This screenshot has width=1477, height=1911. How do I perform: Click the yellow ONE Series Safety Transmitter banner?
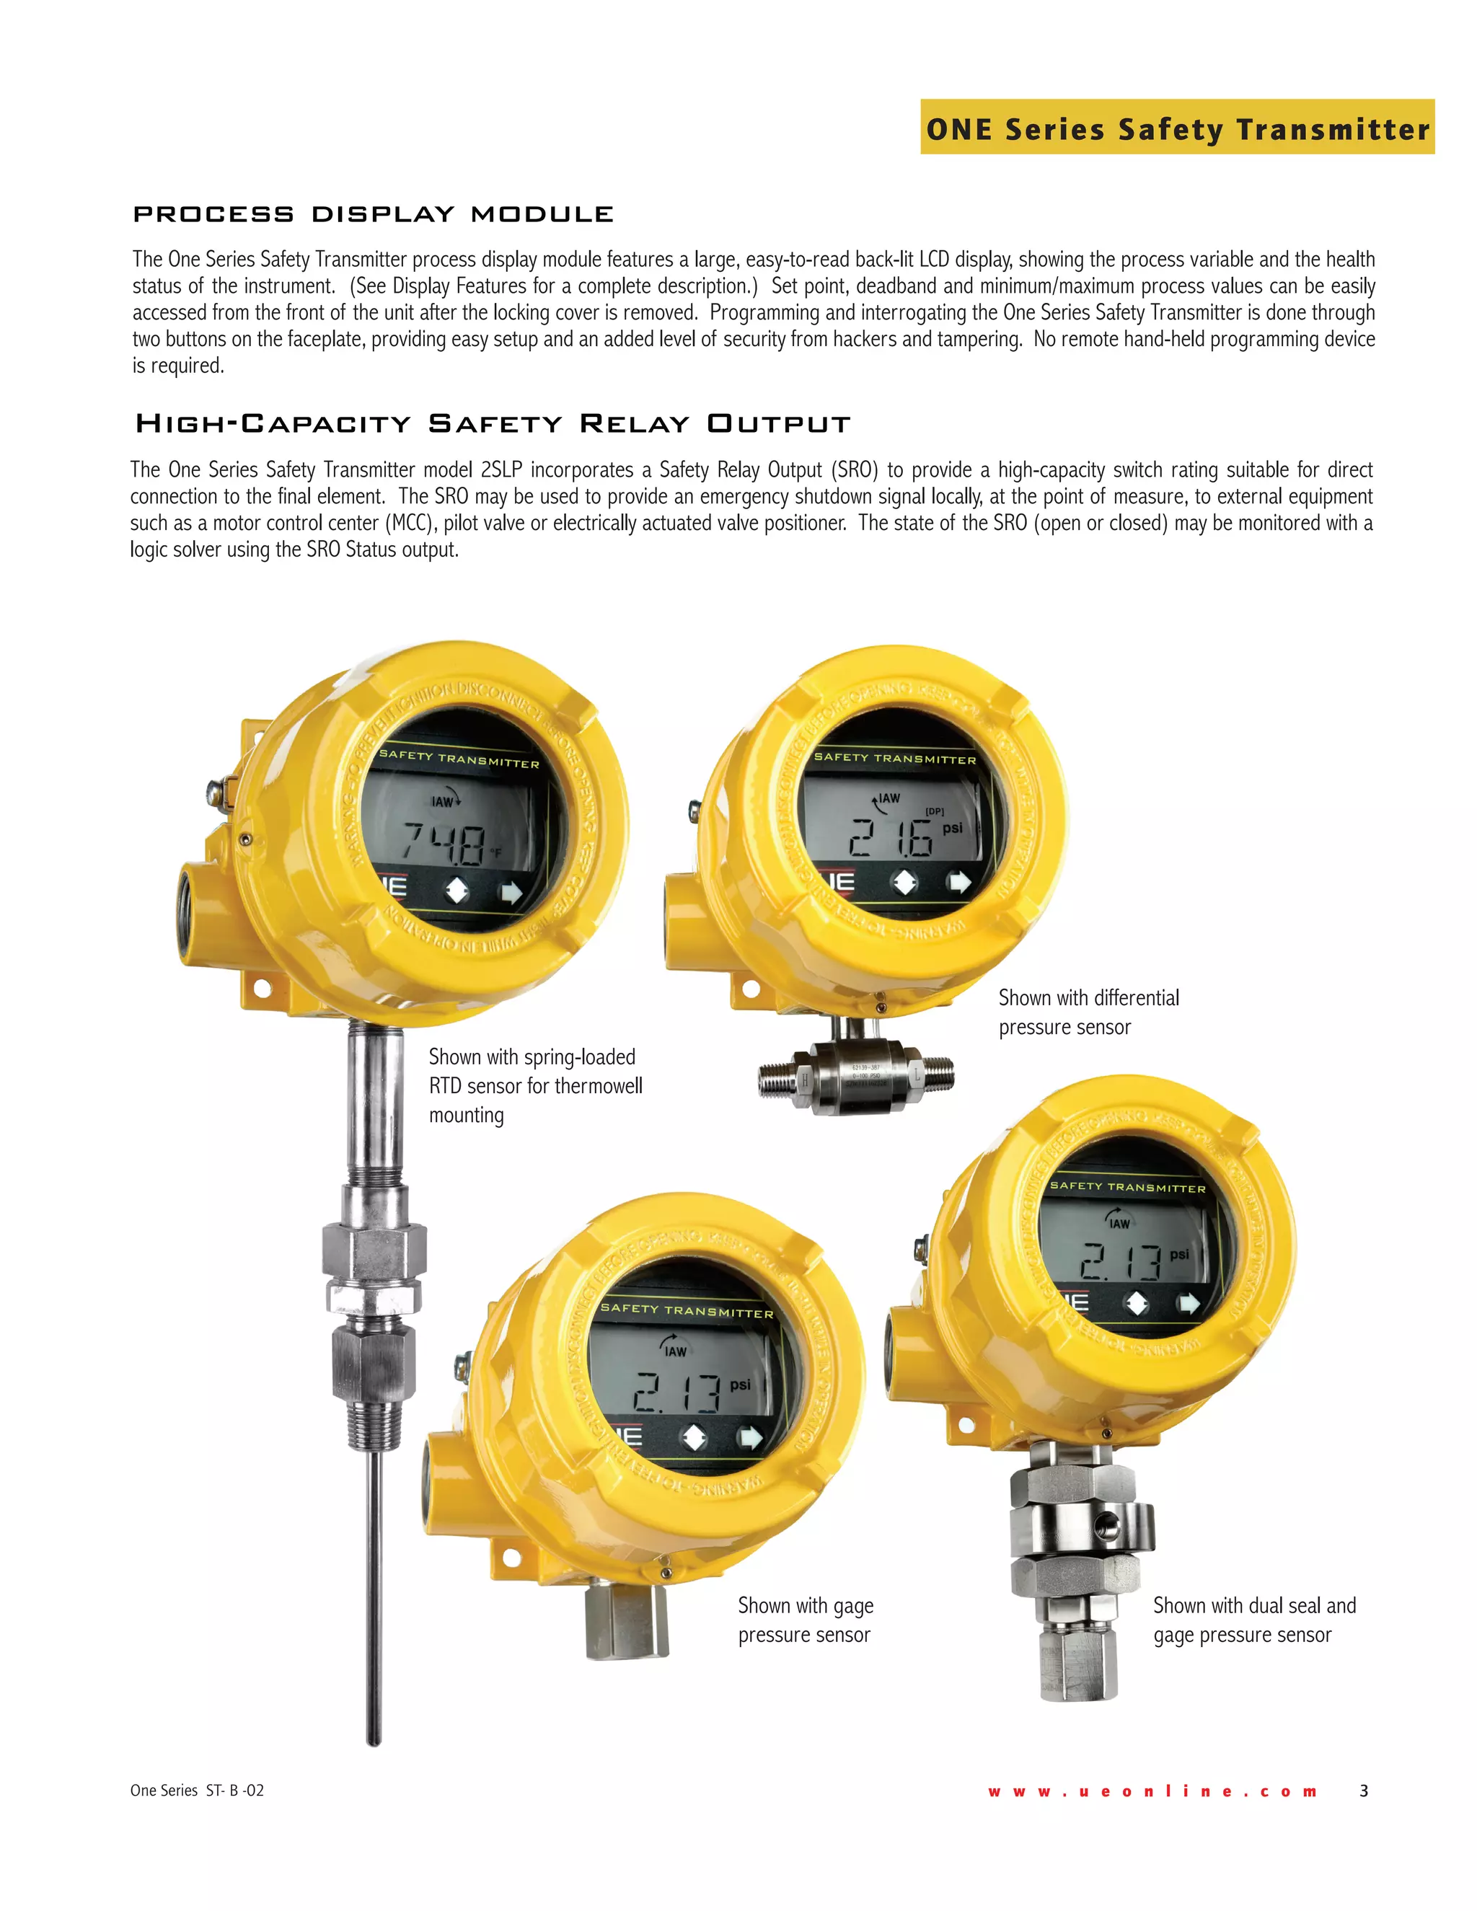pos(1176,128)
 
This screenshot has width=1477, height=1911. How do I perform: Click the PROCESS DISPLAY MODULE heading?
pos(373,214)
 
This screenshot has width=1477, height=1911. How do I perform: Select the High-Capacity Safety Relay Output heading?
pos(493,424)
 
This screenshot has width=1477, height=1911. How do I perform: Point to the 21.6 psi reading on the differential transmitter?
pos(893,838)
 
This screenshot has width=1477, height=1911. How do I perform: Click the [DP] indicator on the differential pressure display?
pos(935,811)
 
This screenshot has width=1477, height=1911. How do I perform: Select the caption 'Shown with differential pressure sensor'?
pos(1088,1012)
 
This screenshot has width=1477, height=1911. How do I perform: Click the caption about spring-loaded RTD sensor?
pos(534,1085)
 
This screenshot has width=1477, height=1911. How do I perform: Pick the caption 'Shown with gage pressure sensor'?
pos(805,1620)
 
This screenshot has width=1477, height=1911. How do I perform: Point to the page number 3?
pos(1363,1791)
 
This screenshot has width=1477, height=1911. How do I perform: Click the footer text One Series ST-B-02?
pos(197,1791)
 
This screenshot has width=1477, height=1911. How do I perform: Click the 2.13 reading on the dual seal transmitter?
pos(1121,1262)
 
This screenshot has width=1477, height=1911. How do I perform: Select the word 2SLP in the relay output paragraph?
pos(501,470)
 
